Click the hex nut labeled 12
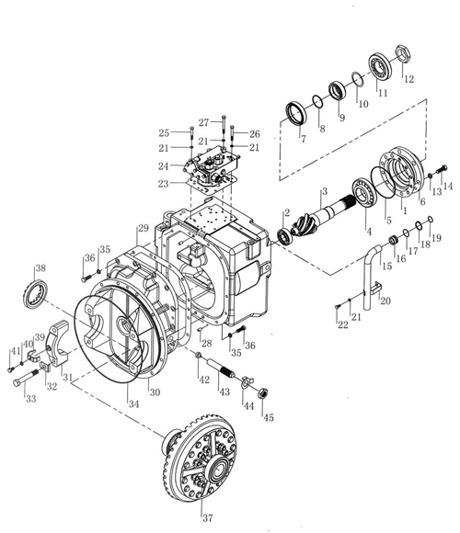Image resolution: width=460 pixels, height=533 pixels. pos(404,53)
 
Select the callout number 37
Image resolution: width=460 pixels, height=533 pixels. pos(208,517)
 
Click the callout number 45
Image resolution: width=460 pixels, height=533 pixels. pos(269,417)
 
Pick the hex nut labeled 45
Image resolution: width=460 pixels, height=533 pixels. pos(263,394)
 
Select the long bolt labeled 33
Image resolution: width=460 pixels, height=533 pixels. pos(26,377)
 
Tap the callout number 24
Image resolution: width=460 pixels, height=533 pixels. pos(164,166)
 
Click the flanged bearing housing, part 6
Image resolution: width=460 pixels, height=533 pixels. pos(402,172)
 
